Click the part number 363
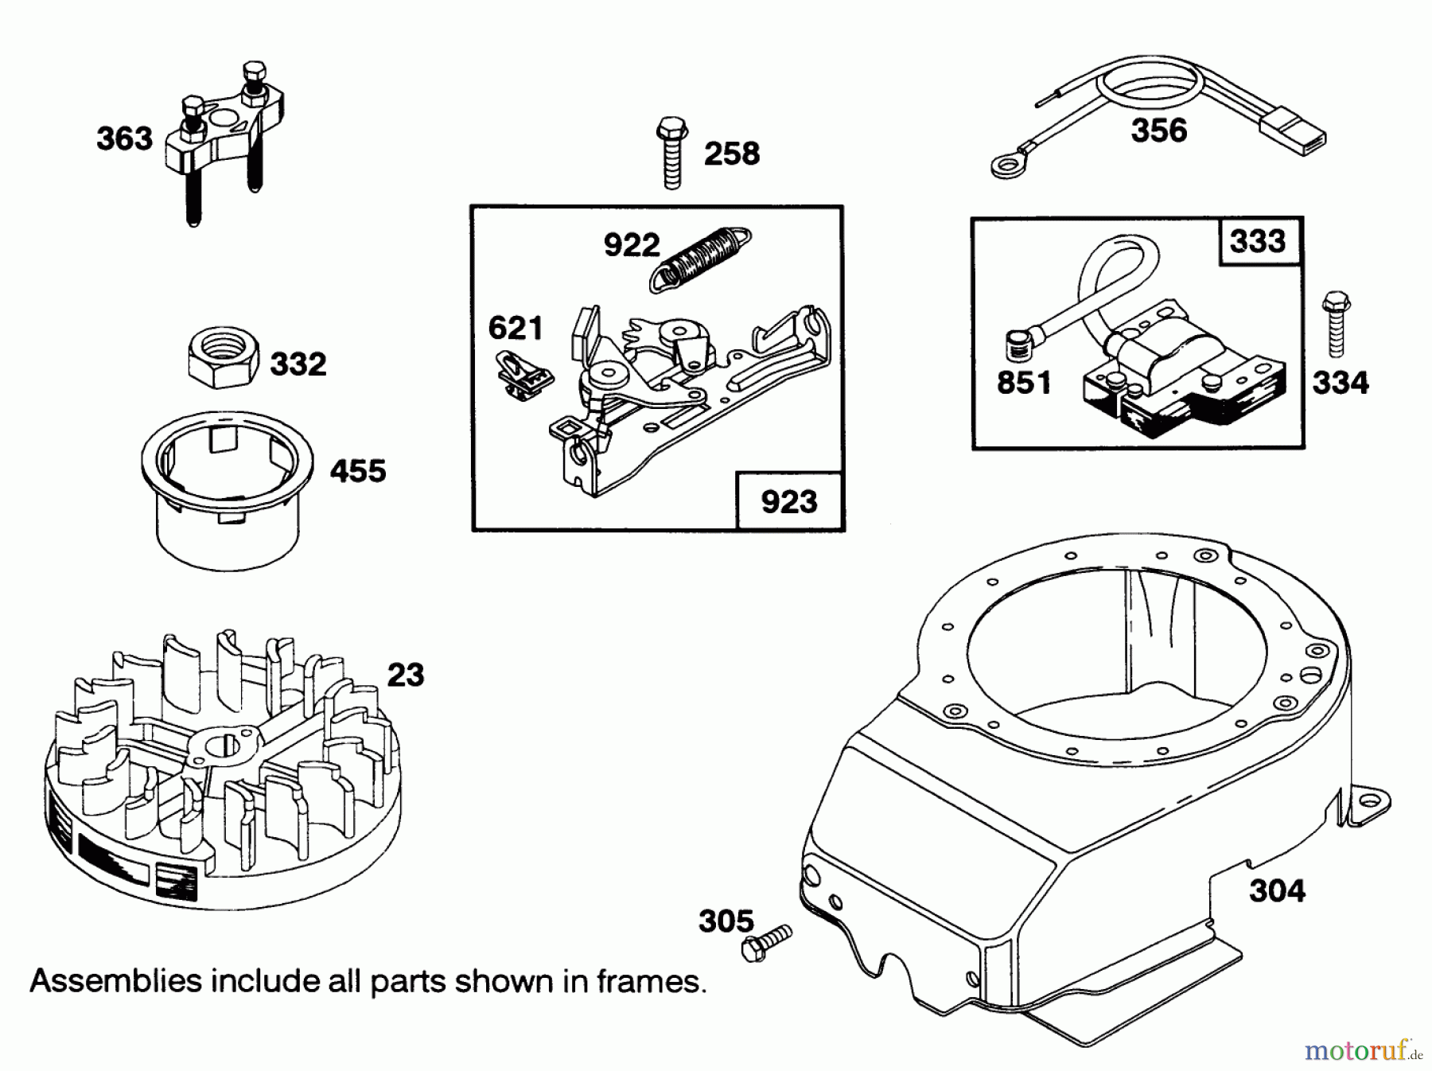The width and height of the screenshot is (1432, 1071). click(124, 138)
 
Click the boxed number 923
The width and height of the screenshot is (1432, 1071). click(788, 501)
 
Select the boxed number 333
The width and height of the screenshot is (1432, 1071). click(1257, 240)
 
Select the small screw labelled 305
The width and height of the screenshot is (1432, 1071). click(766, 942)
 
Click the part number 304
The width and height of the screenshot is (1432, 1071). click(1277, 890)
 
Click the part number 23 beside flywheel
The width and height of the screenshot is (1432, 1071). click(406, 675)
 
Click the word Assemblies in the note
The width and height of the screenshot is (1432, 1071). click(115, 980)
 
